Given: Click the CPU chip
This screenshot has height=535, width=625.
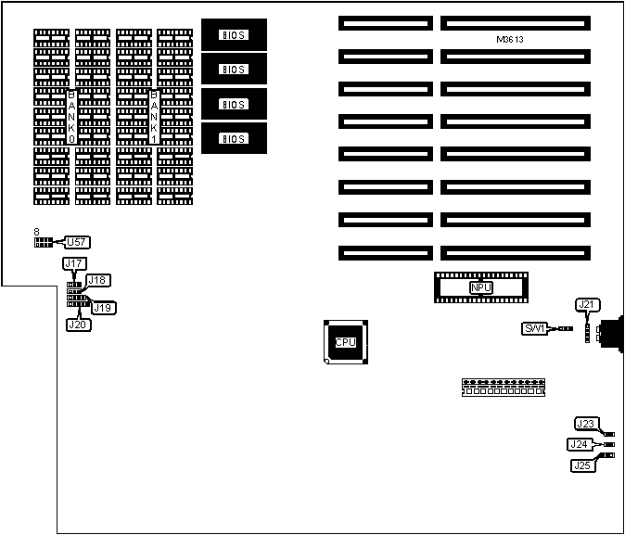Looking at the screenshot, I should coord(345,341).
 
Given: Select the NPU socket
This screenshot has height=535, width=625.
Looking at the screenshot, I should coord(480,288).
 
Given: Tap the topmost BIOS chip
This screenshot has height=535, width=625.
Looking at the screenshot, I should coord(234,35).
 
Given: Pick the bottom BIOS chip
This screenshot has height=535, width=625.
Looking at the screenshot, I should coord(234,138).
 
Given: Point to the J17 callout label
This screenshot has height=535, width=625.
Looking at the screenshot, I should coord(74,264).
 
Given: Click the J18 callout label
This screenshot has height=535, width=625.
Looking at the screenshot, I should coord(98,280).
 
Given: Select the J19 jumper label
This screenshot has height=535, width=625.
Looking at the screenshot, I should coord(103,307).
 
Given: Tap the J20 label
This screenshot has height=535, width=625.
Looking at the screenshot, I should coord(78,325).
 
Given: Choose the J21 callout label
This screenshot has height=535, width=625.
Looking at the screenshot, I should coord(587,304).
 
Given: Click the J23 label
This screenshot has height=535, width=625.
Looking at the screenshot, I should coord(585,425).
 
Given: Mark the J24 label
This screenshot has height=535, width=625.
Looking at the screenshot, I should coord(580,445).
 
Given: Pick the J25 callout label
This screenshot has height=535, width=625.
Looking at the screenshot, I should coord(583,465).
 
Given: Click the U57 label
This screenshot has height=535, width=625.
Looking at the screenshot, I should coord(76,242).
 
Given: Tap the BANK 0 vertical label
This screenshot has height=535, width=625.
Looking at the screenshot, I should coord(71,115).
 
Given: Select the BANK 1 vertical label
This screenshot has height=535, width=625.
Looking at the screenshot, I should coord(153,115).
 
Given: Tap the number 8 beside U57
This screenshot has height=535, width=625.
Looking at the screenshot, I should coord(35,231).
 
